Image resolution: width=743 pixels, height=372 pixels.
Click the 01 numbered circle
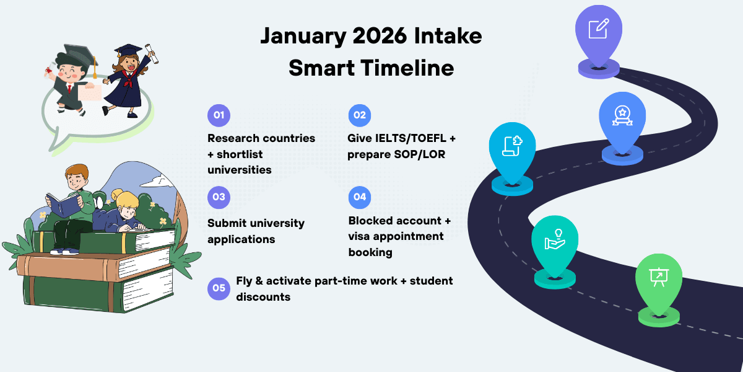click(x=219, y=115)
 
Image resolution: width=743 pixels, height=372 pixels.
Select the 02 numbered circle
click(x=360, y=115)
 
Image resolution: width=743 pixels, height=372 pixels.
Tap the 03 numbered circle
click(x=219, y=197)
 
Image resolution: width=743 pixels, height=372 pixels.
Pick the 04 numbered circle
click(x=360, y=197)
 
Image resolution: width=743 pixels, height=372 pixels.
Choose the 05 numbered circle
click(x=219, y=288)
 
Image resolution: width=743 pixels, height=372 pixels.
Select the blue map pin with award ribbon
click(x=621, y=117)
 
